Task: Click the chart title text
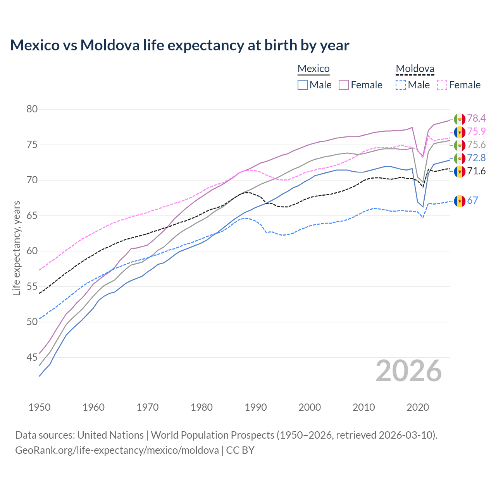180,45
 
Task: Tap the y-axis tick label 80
32,109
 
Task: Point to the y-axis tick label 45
32,357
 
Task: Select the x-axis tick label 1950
40,407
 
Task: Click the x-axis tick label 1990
256,407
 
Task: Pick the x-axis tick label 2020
418,407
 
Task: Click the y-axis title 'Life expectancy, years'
16,248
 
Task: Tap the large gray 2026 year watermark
409,371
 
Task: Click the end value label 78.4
476,118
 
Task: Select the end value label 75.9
476,132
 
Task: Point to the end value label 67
472,200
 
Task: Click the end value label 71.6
476,171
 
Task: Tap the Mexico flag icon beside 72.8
460,158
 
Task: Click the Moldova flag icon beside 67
460,201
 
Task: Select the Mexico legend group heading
313,69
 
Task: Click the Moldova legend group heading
415,69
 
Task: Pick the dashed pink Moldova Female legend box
442,85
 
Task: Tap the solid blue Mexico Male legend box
303,85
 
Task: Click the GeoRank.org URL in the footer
117,450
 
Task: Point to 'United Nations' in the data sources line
110,435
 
